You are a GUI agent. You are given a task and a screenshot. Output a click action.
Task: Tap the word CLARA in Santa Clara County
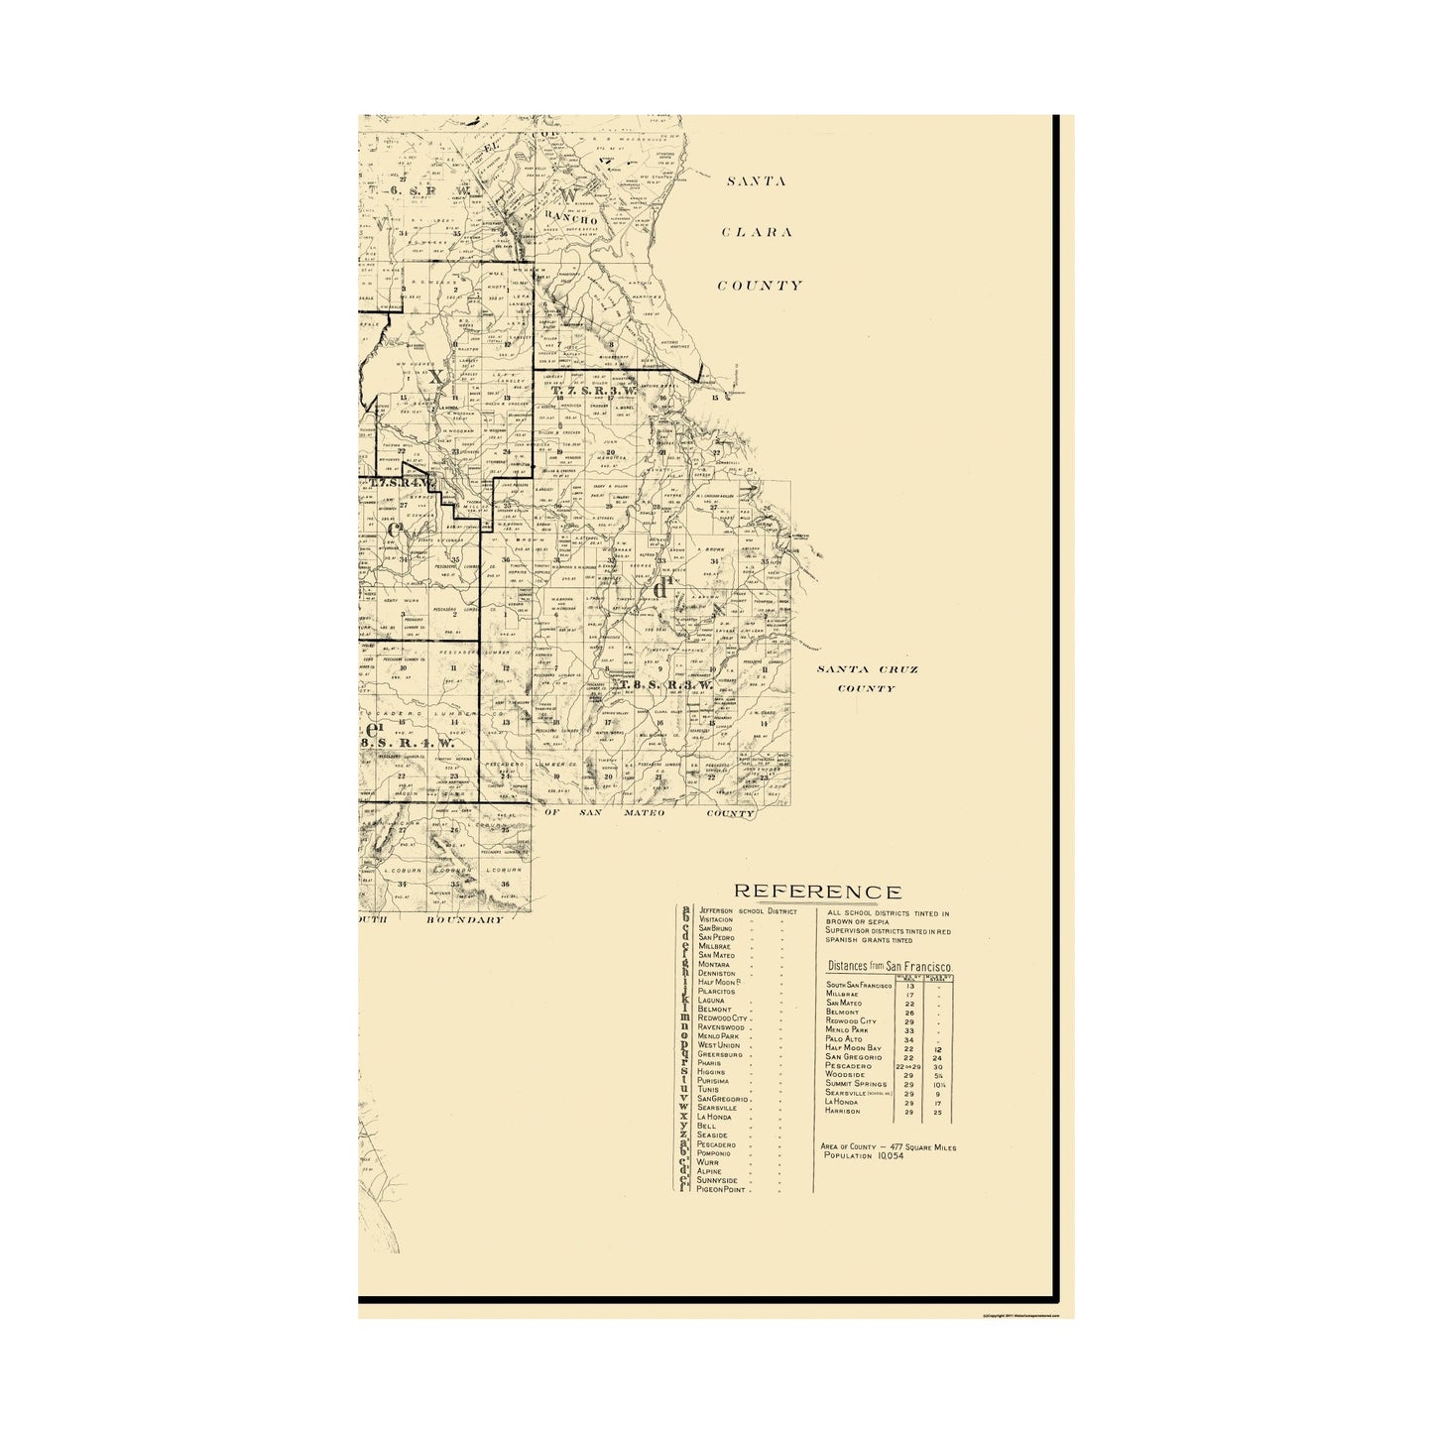[x=758, y=233]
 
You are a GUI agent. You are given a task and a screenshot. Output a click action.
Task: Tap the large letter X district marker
[x=434, y=377]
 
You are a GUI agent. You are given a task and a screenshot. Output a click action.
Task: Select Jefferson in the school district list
[x=716, y=909]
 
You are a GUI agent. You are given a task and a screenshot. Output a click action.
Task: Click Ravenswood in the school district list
[x=727, y=1026]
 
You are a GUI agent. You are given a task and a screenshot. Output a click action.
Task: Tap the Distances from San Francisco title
[x=890, y=965]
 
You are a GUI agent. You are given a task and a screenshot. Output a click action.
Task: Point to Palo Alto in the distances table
[x=845, y=1039]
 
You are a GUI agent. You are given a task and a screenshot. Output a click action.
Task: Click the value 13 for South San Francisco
[x=909, y=986]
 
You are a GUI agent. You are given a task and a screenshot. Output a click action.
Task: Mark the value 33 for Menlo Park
[x=909, y=1030]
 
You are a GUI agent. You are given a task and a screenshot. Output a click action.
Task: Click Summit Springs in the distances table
[x=857, y=1084]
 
